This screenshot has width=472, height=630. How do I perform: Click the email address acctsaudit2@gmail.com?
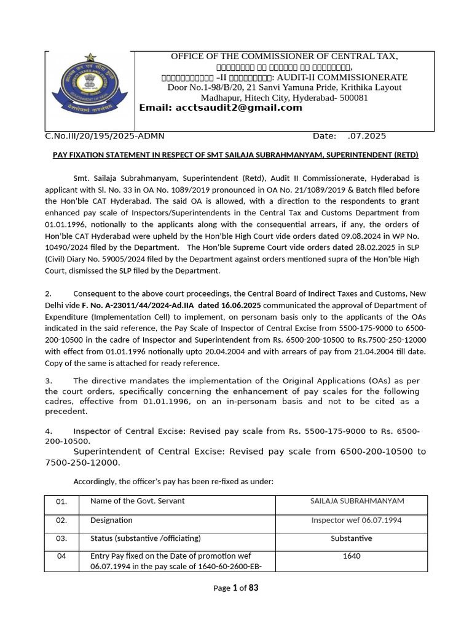click(221, 108)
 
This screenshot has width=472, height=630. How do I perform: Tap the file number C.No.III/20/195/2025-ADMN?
click(104, 136)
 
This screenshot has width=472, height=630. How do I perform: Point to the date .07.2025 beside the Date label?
click(367, 136)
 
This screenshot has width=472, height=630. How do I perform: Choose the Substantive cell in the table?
click(352, 538)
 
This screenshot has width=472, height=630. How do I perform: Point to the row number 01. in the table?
click(61, 501)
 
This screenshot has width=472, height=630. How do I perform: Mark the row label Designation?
click(111, 520)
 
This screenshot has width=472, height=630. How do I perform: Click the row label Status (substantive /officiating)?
click(146, 538)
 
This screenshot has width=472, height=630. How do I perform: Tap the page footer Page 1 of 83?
click(236, 588)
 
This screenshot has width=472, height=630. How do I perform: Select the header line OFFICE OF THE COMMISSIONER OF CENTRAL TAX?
click(285, 57)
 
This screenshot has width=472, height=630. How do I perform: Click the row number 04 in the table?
click(61, 556)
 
